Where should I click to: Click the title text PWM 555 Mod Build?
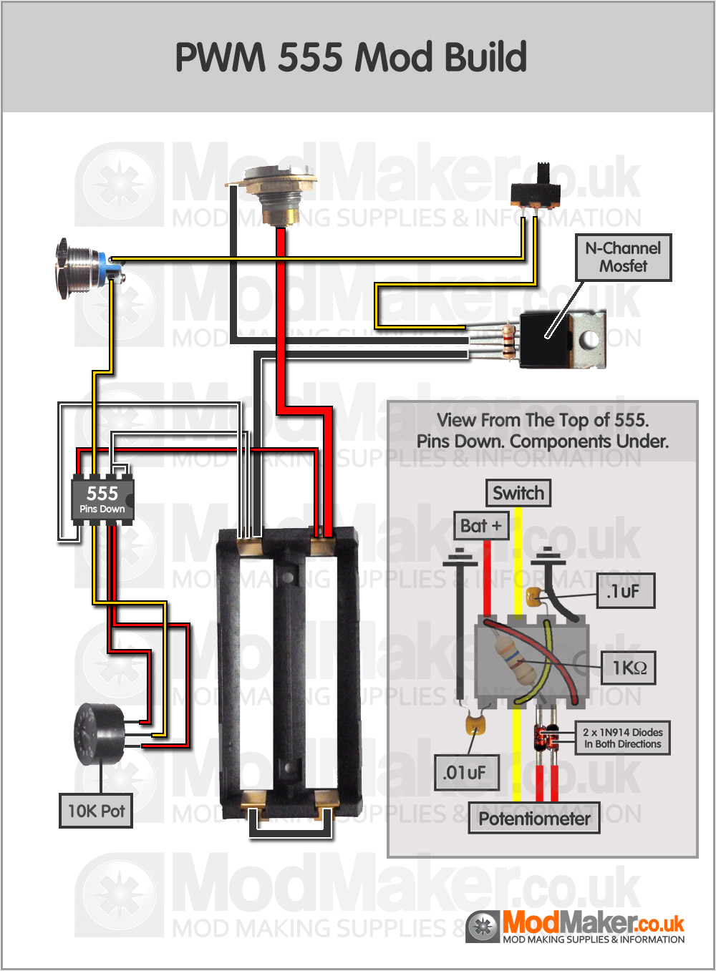[x=351, y=57]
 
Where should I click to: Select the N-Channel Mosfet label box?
[x=623, y=258]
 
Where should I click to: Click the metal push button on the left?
[x=79, y=268]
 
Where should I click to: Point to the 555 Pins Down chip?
[x=102, y=499]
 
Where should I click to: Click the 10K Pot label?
[x=96, y=811]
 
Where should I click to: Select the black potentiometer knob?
[x=99, y=734]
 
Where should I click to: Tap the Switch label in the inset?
[x=518, y=493]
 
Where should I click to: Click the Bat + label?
[x=481, y=526]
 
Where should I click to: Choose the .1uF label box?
[x=626, y=591]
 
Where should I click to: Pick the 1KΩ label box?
[x=629, y=668]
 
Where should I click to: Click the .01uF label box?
[x=466, y=773]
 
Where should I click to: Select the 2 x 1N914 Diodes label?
[x=622, y=738]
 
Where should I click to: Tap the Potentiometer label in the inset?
[x=534, y=819]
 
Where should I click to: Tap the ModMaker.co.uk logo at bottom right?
[x=576, y=927]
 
